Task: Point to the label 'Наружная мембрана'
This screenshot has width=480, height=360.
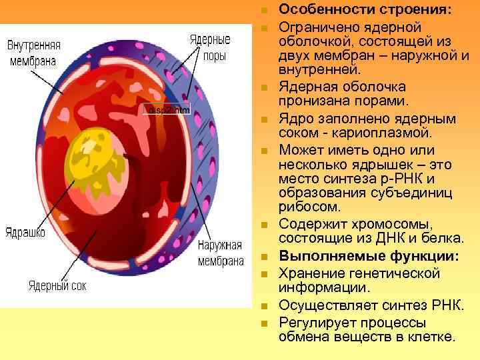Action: [220, 253]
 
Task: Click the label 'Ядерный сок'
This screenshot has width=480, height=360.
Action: [57, 286]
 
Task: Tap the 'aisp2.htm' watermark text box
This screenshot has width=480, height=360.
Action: [167, 110]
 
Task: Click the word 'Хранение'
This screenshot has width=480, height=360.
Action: [309, 273]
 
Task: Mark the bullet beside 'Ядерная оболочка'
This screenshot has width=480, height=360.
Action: [264, 89]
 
